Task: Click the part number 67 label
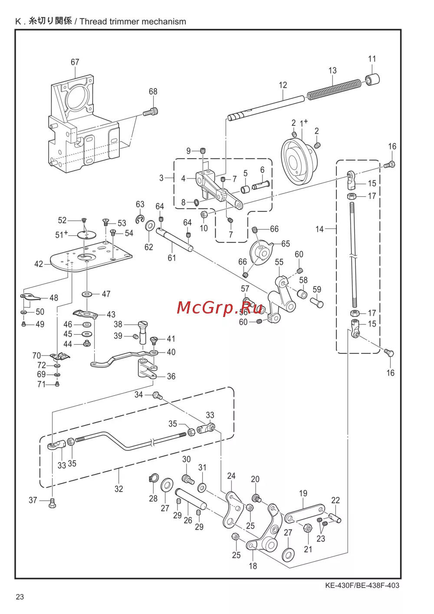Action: [x=75, y=62]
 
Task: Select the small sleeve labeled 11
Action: [x=373, y=79]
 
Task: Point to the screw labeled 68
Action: [x=151, y=112]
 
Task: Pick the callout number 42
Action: [x=39, y=264]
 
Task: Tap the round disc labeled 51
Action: [x=86, y=235]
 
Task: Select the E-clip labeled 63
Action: [x=140, y=218]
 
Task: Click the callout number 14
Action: [x=319, y=229]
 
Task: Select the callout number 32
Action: [x=118, y=489]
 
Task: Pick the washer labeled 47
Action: [x=87, y=294]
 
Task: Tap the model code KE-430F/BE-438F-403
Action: [x=362, y=586]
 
